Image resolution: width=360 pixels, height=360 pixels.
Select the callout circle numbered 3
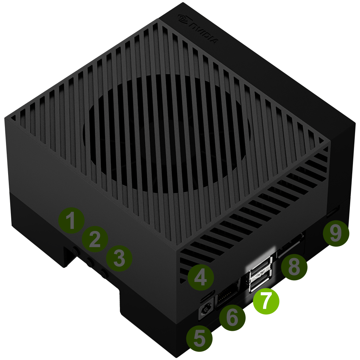(119, 259)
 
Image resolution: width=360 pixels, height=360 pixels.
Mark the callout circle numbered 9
(335, 234)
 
